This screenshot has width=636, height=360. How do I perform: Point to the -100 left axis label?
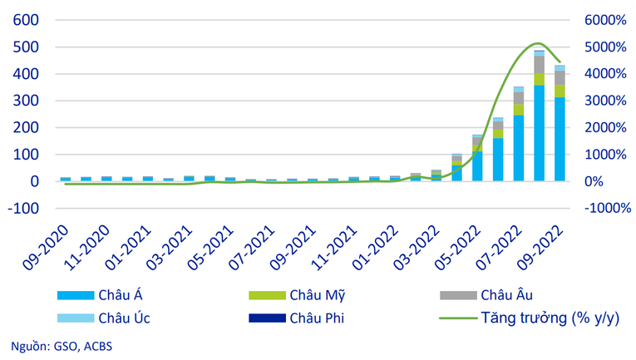21,208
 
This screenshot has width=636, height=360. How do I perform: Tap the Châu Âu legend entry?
503,294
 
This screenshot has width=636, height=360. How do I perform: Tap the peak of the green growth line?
538,43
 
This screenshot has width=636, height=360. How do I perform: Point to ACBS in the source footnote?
96,346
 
